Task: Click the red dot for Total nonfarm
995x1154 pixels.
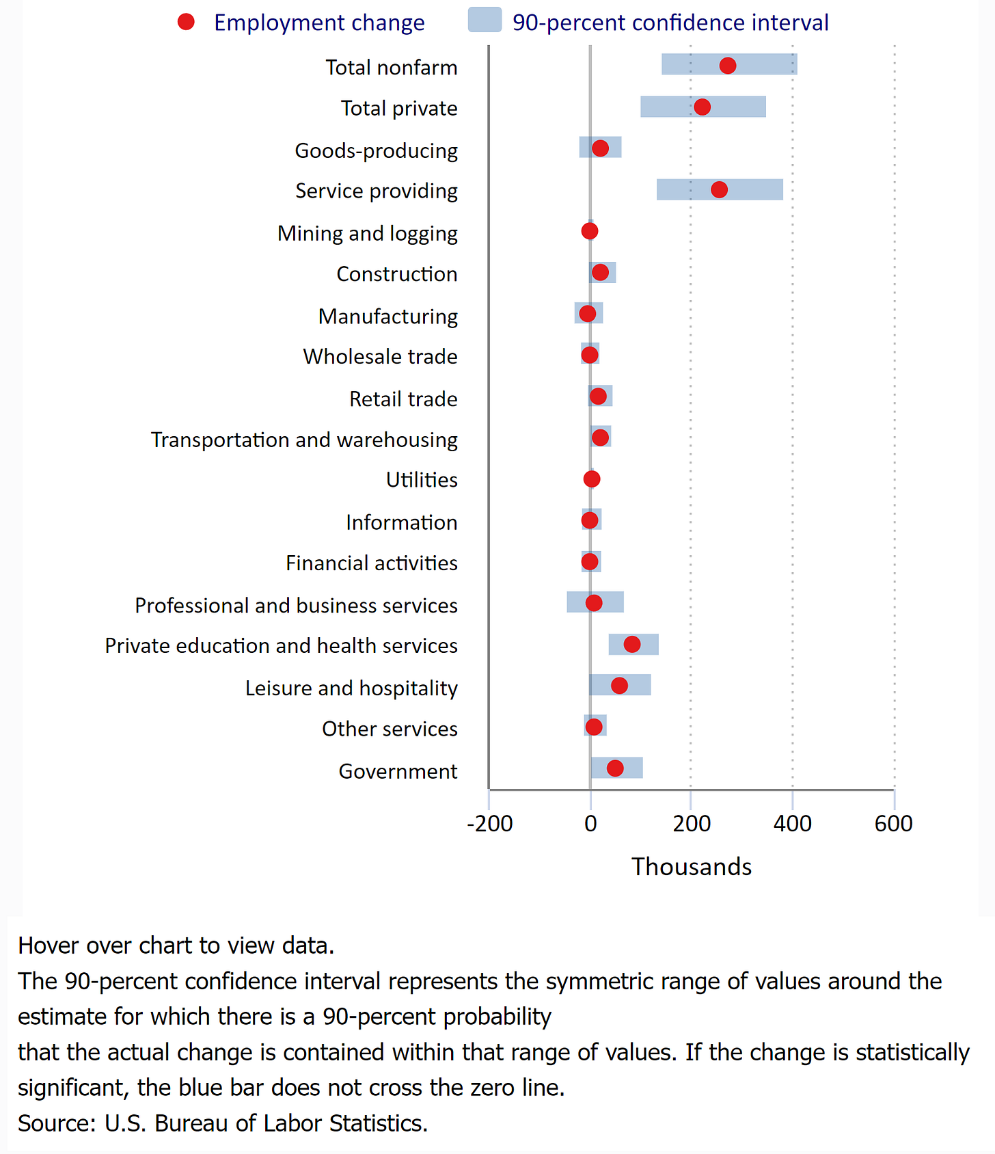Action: (x=727, y=66)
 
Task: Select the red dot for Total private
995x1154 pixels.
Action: (x=702, y=107)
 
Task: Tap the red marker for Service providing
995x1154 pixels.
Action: (x=719, y=190)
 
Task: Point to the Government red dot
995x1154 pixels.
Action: (x=615, y=768)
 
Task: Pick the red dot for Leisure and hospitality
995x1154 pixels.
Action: (x=619, y=686)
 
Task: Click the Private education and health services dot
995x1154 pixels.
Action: (x=632, y=644)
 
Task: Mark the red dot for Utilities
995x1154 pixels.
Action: (x=592, y=479)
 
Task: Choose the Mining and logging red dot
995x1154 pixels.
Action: (x=590, y=231)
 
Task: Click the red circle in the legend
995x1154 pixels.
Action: (x=186, y=23)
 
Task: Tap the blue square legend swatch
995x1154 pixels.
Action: (x=485, y=21)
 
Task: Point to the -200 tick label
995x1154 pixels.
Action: (x=489, y=824)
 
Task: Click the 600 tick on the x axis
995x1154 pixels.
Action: (x=893, y=824)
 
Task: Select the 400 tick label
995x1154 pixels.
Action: (x=792, y=824)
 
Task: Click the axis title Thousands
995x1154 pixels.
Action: (x=691, y=867)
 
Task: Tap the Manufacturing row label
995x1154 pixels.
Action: (x=387, y=317)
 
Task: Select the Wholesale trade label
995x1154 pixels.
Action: (x=380, y=357)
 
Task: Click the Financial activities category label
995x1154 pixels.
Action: (x=371, y=563)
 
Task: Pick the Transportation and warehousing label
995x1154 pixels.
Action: (x=304, y=440)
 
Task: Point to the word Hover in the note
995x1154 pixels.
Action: (x=46, y=945)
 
